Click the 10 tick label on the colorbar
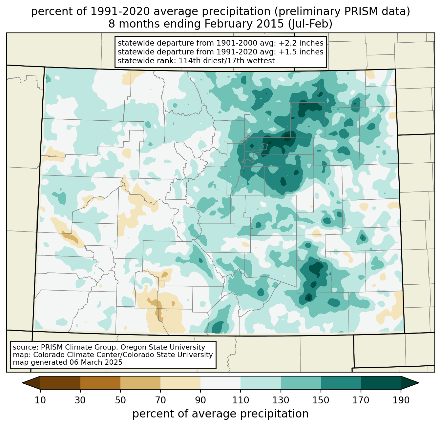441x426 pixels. (x=40, y=400)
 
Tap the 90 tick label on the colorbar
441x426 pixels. (x=200, y=400)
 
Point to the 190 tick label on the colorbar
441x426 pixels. (x=401, y=400)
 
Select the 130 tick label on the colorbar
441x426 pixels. (x=281, y=400)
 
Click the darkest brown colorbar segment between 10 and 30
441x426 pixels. (x=60, y=383)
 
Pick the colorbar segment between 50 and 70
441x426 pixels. (x=140, y=383)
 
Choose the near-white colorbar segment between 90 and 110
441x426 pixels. (x=220, y=383)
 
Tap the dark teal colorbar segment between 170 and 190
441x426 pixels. (x=381, y=383)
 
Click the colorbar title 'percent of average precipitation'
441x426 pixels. (x=220, y=414)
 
